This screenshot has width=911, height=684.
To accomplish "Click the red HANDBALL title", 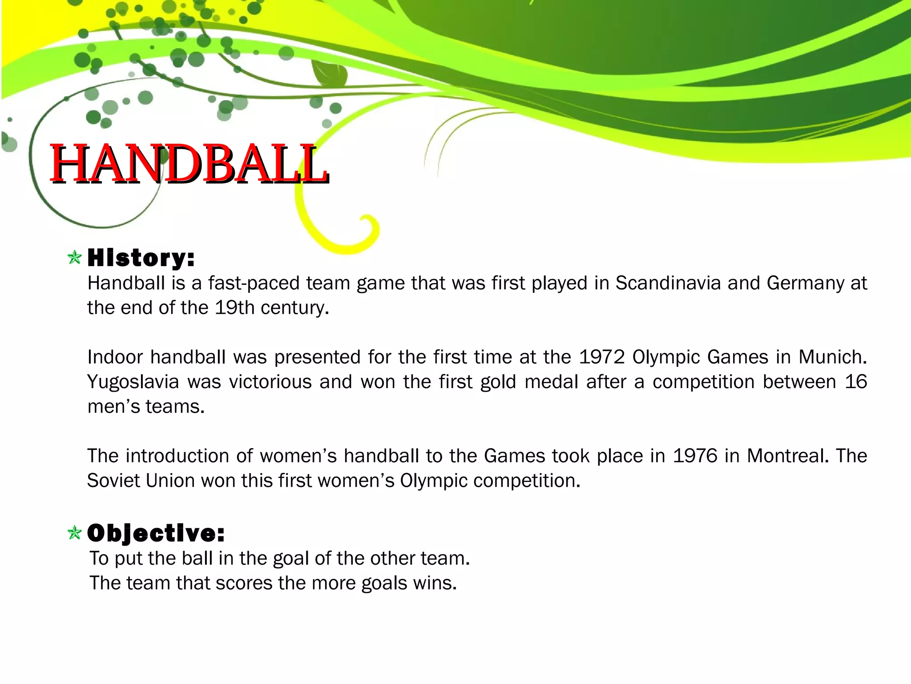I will [189, 163].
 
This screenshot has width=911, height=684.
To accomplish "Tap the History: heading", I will [141, 258].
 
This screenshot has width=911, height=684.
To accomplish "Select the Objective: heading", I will [156, 533].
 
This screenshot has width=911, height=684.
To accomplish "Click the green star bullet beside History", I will [75, 257].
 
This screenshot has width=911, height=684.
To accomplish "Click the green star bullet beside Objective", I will [75, 533].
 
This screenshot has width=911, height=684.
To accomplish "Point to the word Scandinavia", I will [668, 283].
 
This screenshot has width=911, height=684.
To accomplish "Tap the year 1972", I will [602, 357].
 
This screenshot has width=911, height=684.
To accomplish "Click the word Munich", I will [832, 357].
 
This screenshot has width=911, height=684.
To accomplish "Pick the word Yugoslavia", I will [133, 382].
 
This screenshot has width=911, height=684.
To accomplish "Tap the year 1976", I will [695, 456].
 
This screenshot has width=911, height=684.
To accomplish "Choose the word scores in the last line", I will [243, 583].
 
